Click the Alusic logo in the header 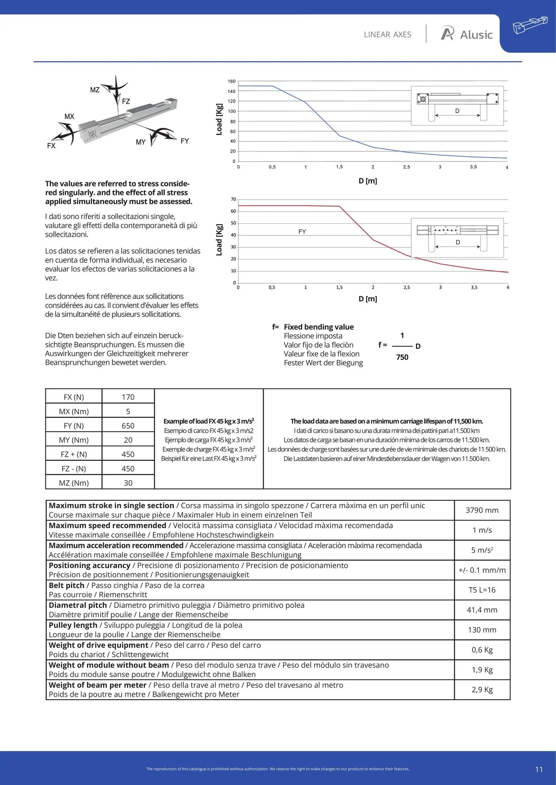(466, 34)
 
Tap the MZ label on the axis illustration (95, 90)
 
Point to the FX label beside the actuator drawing (51, 146)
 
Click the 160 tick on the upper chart (232, 81)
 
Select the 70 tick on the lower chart (233, 200)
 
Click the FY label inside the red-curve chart (302, 232)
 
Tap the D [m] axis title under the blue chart (368, 181)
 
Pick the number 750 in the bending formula (402, 357)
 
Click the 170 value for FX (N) (128, 397)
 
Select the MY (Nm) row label (74, 440)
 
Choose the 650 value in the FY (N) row (128, 426)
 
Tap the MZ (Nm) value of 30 (128, 483)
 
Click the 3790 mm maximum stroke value (482, 510)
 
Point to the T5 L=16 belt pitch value (482, 590)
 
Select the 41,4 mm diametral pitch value (482, 610)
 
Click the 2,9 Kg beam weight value (482, 690)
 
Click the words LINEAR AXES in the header (387, 35)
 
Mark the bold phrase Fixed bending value (319, 327)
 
